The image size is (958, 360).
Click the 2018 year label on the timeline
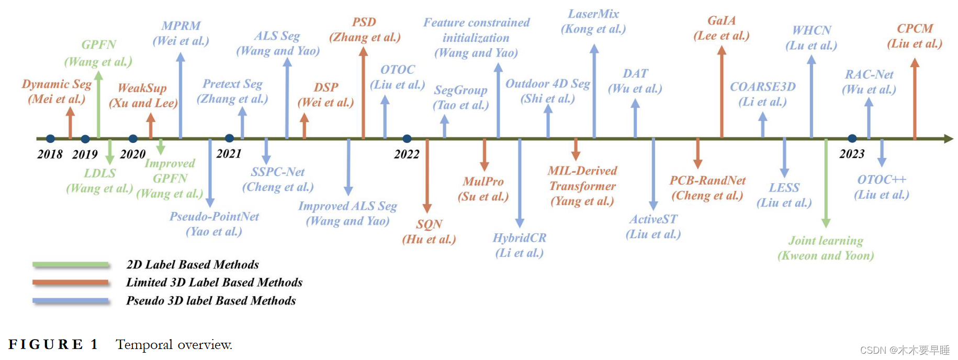pos(50,154)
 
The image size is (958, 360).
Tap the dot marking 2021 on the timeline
pos(229,138)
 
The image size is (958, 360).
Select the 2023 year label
pos(852,154)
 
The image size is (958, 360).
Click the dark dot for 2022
pos(407,139)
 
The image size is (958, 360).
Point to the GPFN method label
pos(98,45)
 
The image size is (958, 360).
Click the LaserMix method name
pos(593,14)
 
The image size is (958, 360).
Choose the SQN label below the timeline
pos(429,224)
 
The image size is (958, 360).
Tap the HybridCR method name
pos(519,238)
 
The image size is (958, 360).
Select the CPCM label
pos(915,29)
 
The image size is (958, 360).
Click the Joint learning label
pos(826,241)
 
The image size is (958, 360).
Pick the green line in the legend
pos(71,264)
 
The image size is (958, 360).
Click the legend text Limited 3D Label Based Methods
pos(214,283)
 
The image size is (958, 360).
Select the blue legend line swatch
pos(71,301)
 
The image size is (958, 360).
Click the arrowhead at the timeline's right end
pos(948,139)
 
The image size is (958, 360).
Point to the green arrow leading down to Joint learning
pos(826,183)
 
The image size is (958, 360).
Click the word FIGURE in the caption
pos(46,344)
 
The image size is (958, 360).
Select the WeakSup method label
pos(142,88)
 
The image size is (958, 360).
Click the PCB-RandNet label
pos(707,181)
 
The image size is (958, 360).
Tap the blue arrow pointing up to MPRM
pos(181,94)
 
